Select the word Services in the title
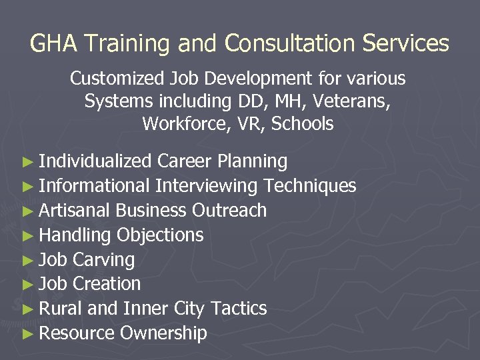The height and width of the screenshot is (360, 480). pos(409,44)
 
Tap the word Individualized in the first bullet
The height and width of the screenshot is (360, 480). pos(95,161)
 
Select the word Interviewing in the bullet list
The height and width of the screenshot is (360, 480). pos(207,186)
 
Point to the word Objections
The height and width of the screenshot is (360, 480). pos(160,235)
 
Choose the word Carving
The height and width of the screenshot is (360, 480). pos(103,260)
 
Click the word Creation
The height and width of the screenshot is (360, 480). pos(107,284)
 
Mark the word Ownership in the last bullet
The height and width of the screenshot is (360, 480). pos(164,333)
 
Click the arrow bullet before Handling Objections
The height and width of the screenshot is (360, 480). pos(27,235)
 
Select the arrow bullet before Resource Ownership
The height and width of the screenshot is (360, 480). pos(27,333)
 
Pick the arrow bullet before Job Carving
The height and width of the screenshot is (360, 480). pos(27,260)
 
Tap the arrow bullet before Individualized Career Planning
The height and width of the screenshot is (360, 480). pos(27,162)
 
